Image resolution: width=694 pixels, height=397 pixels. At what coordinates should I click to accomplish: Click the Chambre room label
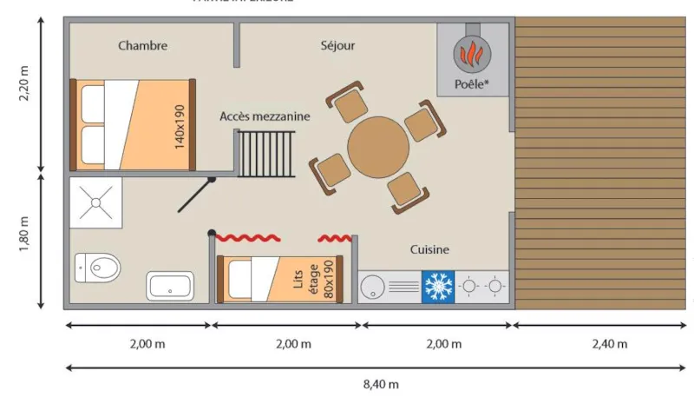tap(142, 46)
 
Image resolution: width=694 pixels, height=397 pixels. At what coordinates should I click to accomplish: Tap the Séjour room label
tap(337, 46)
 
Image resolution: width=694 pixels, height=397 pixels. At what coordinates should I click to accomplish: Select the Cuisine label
tap(429, 250)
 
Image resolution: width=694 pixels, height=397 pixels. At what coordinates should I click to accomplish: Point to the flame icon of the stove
tap(472, 55)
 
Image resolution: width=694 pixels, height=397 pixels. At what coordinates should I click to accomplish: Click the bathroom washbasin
tap(170, 286)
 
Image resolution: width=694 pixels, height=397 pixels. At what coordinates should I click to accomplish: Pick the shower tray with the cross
tap(95, 202)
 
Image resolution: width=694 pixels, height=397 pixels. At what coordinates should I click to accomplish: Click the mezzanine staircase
tap(267, 154)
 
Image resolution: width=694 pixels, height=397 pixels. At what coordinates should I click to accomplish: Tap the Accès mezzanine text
tap(265, 116)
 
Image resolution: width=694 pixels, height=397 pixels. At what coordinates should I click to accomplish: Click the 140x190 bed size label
tap(180, 127)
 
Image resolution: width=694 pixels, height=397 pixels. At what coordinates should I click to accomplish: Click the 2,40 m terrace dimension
tap(609, 344)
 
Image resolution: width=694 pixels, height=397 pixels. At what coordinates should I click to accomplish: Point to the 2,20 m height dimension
tap(23, 86)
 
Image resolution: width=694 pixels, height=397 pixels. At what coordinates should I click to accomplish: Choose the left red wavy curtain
tap(247, 237)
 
